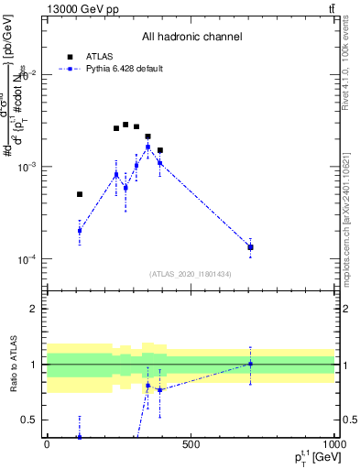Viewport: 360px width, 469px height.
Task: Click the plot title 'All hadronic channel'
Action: click(x=191, y=37)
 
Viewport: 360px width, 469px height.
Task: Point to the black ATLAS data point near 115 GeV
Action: click(x=80, y=194)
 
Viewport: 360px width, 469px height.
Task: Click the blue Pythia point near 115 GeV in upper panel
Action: click(x=80, y=231)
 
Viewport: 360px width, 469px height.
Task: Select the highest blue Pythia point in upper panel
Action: click(x=147, y=147)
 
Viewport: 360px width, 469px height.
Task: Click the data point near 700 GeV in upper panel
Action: click(x=250, y=247)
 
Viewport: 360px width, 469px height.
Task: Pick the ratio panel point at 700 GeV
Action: click(x=250, y=364)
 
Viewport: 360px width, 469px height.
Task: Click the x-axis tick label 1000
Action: click(x=332, y=444)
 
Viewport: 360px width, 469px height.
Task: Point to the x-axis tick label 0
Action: click(x=47, y=444)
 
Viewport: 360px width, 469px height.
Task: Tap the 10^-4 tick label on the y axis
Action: click(x=27, y=260)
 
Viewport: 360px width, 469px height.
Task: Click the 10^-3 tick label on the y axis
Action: click(x=27, y=168)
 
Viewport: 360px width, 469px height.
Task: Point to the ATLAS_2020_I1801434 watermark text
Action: click(x=191, y=274)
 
